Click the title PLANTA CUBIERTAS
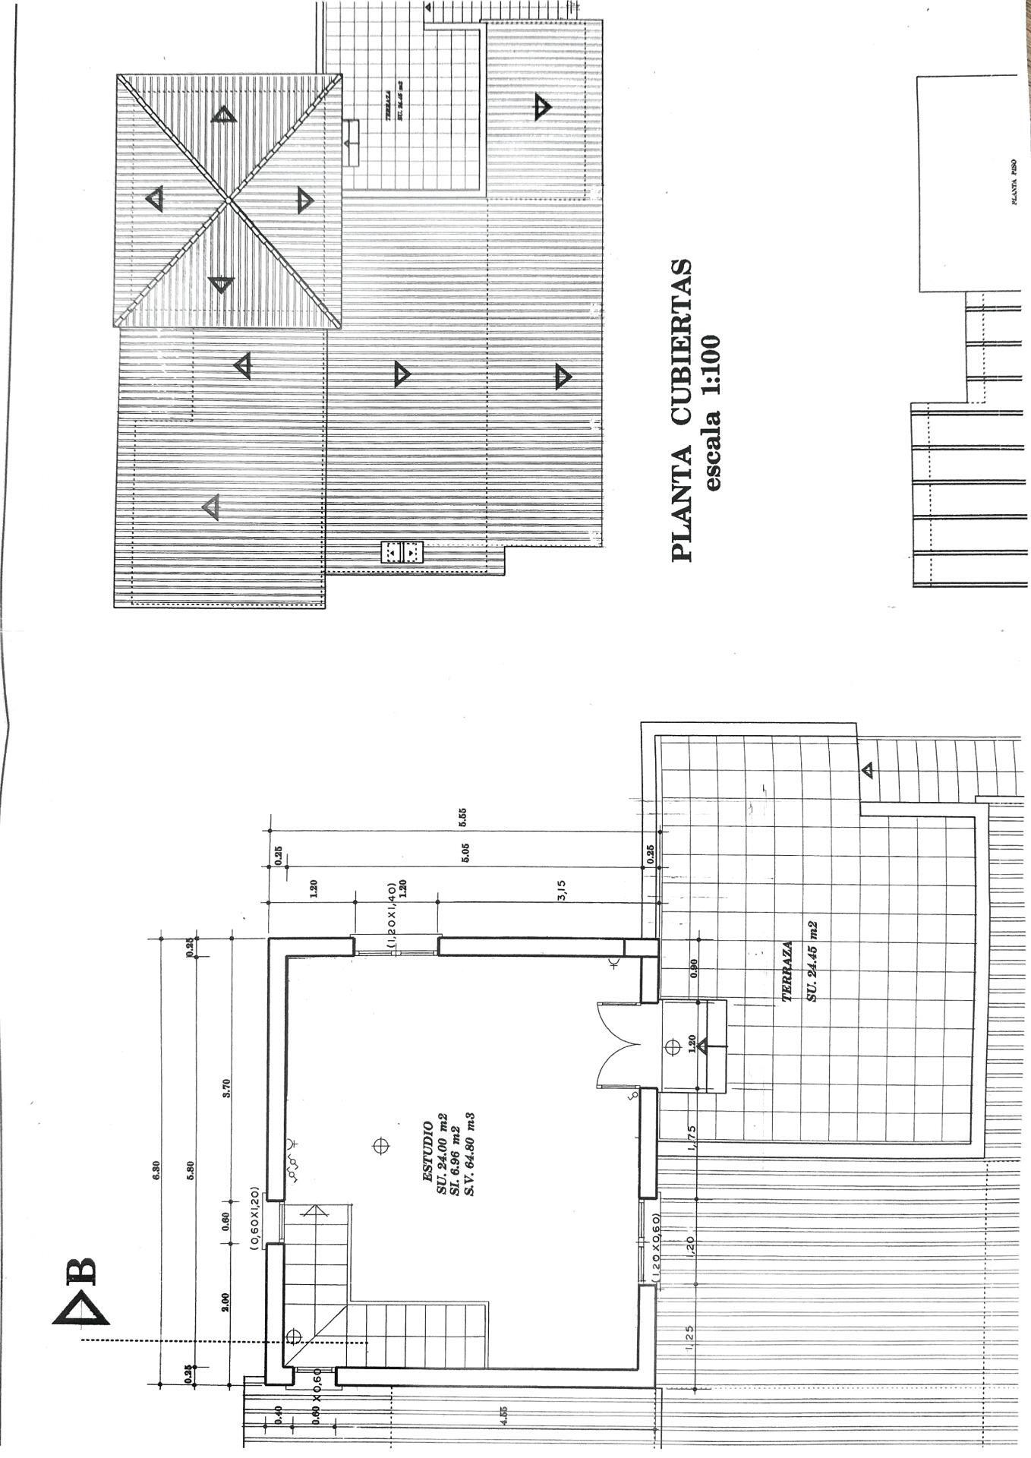coord(682,410)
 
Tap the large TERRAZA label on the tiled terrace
coord(788,973)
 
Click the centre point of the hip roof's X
coord(229,200)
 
